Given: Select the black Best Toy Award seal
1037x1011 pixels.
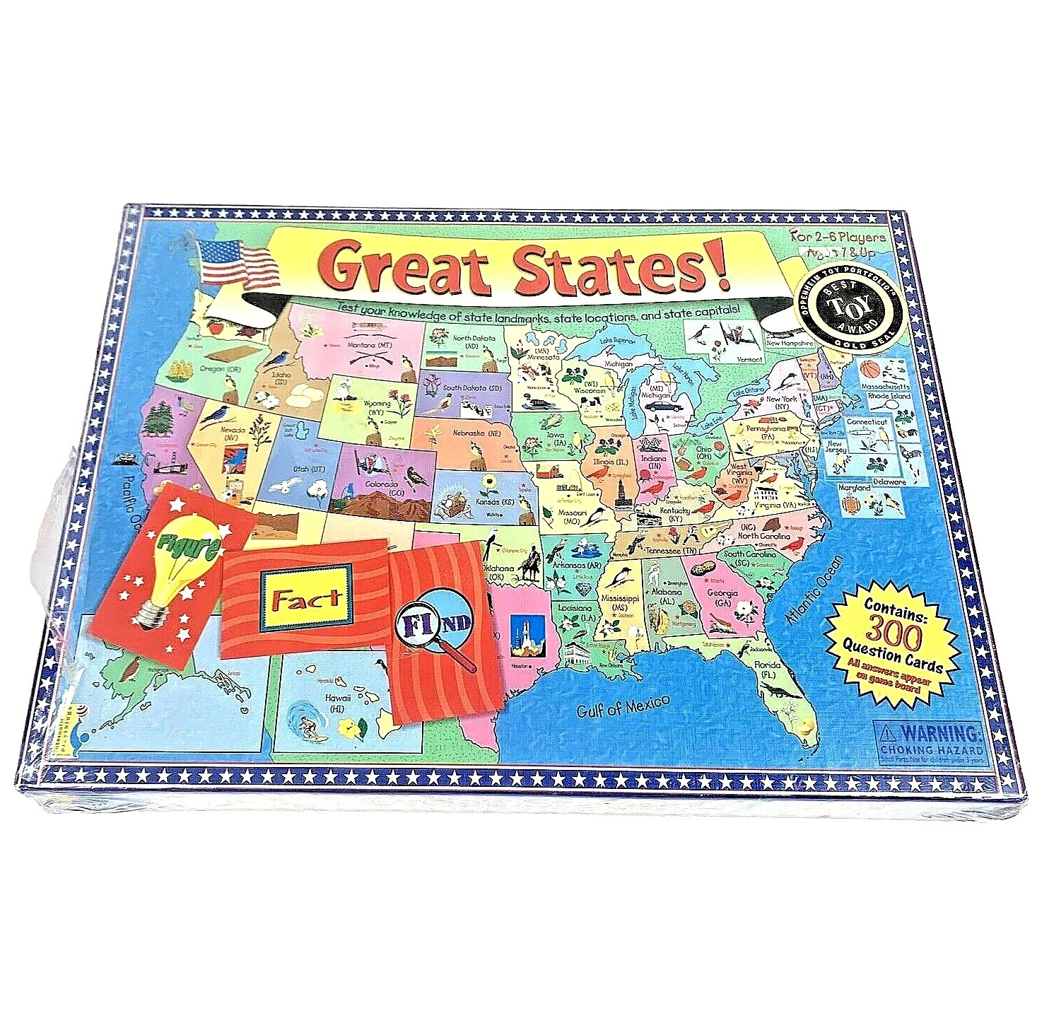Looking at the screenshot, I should [x=850, y=305].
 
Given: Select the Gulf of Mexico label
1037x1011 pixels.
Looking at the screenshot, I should [x=622, y=704].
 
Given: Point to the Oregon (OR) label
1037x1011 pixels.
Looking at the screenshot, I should [x=221, y=368].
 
